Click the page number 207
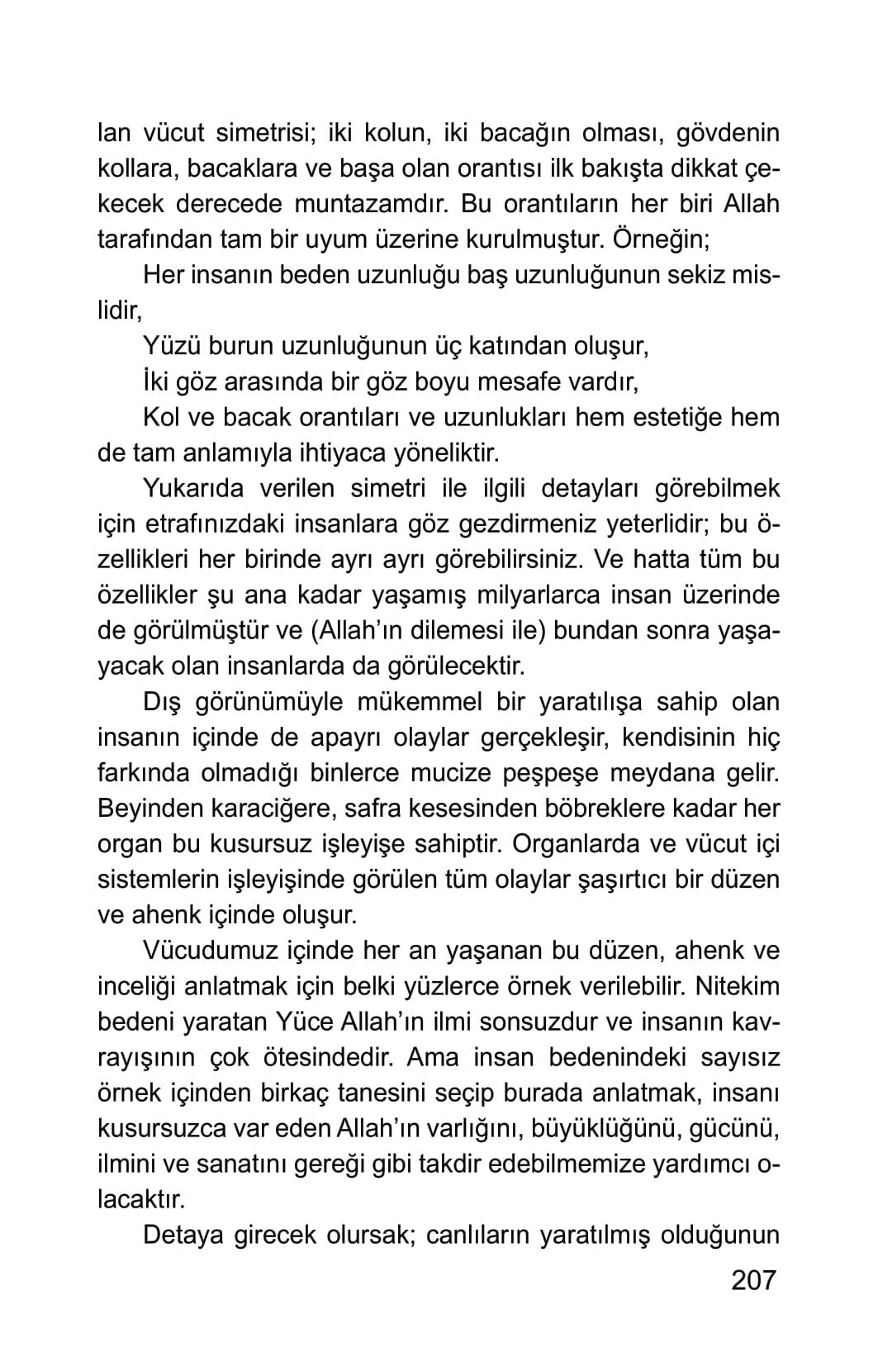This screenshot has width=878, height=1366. pos(754,1279)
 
